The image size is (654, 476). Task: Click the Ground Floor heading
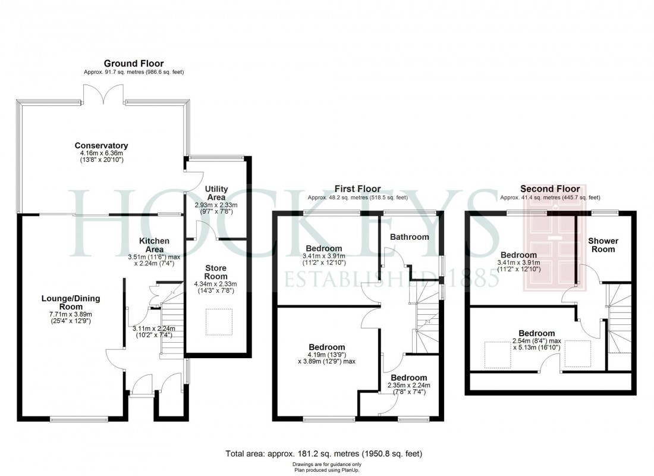[134, 64]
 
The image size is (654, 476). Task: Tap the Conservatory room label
[101, 145]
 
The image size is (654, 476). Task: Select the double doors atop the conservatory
[103, 94]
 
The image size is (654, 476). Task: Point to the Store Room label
[216, 272]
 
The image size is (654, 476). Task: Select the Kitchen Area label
[154, 245]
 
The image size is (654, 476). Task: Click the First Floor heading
[357, 189]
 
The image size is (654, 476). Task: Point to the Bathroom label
[409, 237]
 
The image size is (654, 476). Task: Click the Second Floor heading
[550, 189]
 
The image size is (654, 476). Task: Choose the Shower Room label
[603, 245]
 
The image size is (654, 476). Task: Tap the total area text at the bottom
[324, 453]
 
